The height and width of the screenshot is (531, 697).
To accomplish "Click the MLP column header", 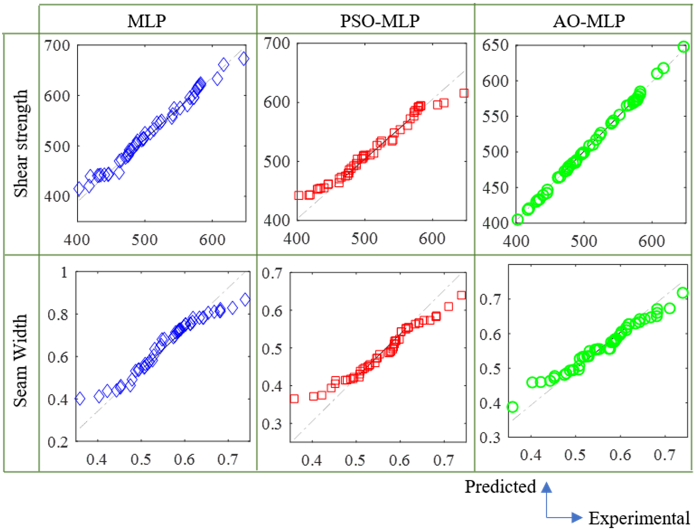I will coord(147,21).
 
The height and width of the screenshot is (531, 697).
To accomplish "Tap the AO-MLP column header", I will coord(589,21).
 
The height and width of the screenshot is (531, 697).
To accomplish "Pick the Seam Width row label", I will coord(21,360).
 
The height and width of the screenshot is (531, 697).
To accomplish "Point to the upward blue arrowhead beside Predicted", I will coord(546,488).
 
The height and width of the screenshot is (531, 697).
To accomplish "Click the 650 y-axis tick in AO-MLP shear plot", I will coord(495,45).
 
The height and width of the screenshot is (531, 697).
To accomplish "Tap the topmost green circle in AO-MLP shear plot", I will coord(683,47).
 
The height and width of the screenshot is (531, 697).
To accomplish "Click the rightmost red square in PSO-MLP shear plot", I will coord(464,93).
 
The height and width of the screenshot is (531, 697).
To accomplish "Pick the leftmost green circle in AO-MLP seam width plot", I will coord(513,407).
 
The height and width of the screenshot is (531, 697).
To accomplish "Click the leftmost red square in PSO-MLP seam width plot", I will coord(294,399).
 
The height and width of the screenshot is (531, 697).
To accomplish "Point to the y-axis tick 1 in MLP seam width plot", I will coord(64,272).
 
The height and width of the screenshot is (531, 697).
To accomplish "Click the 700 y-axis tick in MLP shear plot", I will coord(57,45).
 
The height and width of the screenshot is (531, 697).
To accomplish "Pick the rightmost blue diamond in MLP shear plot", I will coord(244,59).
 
